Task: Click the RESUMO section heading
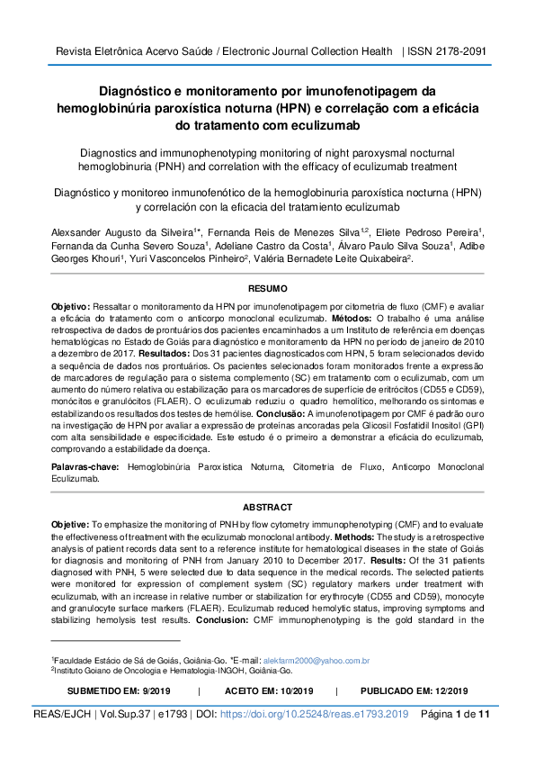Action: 267,290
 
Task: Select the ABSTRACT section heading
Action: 267,507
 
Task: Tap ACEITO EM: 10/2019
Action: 268,690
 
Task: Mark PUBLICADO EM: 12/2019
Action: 415,690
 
